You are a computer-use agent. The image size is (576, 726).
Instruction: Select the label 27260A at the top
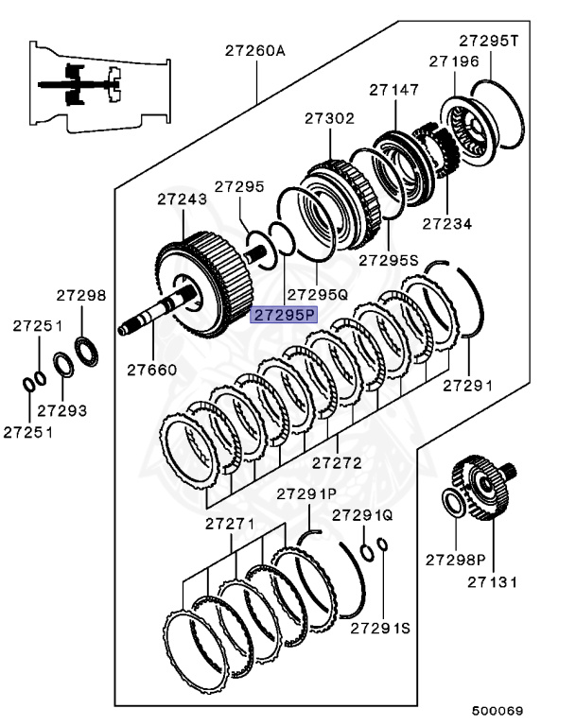point(254,51)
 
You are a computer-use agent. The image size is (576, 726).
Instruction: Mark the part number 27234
point(446,224)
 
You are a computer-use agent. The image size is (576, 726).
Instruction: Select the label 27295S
point(388,259)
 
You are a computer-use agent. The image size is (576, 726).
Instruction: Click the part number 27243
point(181,199)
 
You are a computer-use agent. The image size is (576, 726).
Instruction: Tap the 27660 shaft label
point(151,370)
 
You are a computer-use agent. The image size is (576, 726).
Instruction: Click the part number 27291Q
point(361,515)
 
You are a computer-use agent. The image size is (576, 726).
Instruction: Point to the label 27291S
point(381,628)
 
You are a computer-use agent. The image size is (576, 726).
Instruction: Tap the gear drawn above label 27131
point(485,488)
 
